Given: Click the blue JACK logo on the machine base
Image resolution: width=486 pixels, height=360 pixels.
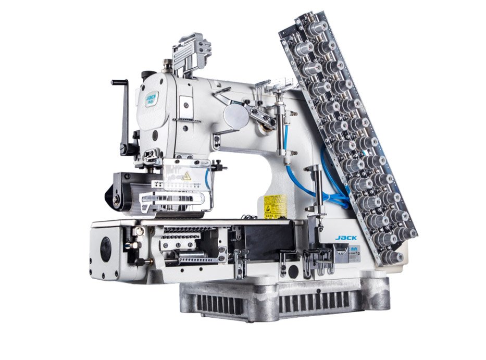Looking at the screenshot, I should click(346, 238).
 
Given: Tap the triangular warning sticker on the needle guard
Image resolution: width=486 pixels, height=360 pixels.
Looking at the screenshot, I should click(186, 176).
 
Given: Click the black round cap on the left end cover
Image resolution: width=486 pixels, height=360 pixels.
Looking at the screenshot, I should click(106, 250).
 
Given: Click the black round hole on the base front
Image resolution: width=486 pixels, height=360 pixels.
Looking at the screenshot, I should click(294, 271).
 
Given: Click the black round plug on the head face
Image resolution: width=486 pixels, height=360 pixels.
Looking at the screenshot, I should click(155, 136).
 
